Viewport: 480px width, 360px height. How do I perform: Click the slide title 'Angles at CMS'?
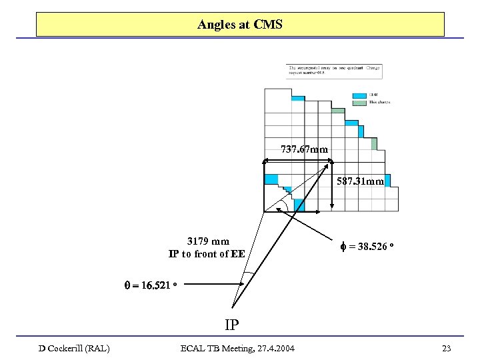240,25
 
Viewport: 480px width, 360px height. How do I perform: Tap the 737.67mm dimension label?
304,150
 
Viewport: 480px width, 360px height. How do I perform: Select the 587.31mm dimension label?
361,181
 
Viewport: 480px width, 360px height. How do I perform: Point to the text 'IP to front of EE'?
207,254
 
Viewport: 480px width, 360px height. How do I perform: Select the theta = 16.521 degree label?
150,285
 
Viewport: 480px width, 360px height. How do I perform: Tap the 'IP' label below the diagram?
231,325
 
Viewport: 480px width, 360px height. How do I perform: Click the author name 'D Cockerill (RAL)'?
74,348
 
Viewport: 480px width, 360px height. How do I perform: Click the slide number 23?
447,348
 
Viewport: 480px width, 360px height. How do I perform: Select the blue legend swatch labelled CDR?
359,95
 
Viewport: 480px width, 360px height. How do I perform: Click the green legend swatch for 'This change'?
359,102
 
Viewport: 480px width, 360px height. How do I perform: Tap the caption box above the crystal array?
334,71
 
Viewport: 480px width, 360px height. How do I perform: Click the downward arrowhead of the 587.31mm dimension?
332,207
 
